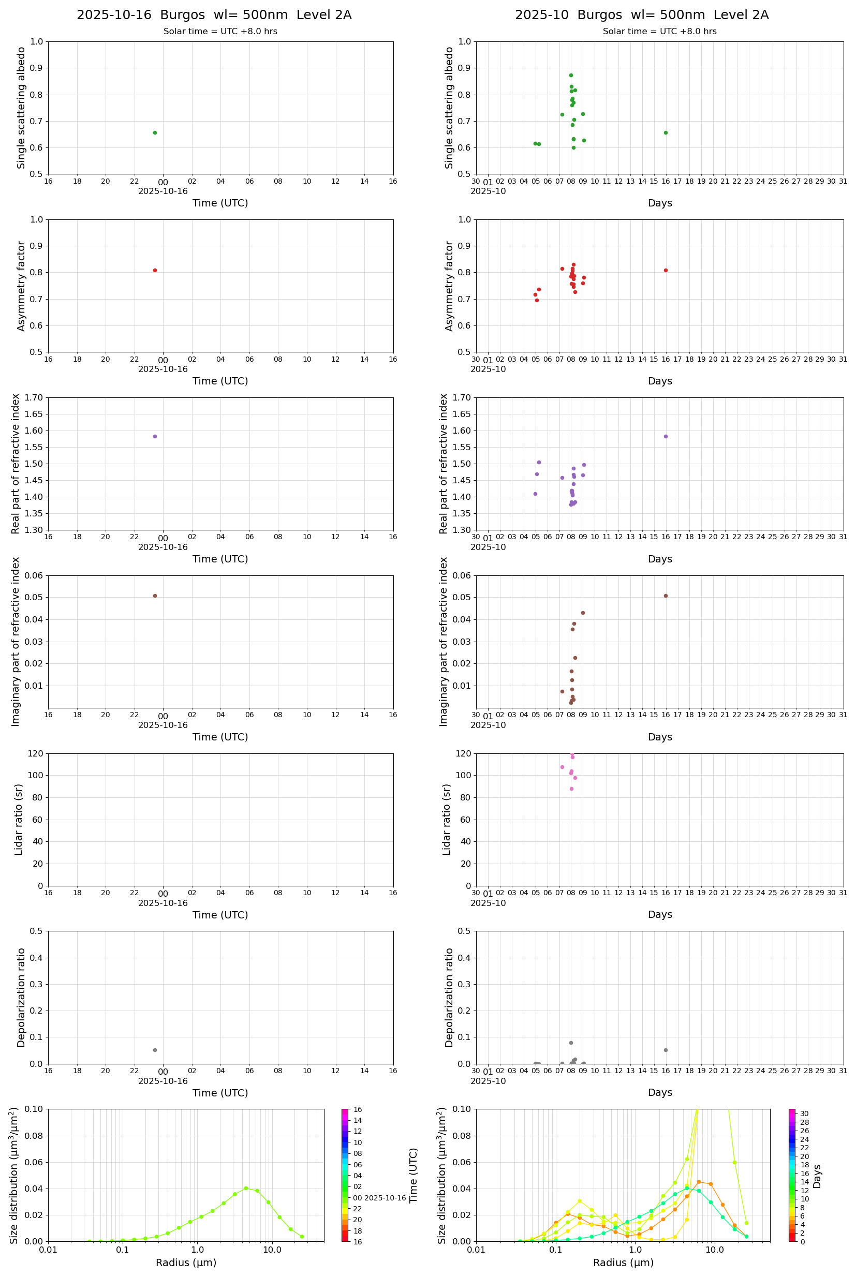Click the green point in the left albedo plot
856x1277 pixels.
pyautogui.click(x=155, y=132)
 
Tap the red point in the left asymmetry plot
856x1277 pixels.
pyautogui.click(x=155, y=270)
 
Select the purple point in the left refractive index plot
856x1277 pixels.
pyautogui.click(x=155, y=437)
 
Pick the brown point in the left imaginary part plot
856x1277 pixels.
pyautogui.click(x=155, y=596)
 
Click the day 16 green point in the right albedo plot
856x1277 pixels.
pyautogui.click(x=666, y=132)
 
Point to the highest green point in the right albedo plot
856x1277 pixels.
pyautogui.click(x=571, y=76)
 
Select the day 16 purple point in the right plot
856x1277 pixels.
pyautogui.click(x=666, y=437)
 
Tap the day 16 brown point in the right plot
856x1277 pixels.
pyautogui.click(x=666, y=596)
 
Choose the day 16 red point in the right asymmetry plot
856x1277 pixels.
pyautogui.click(x=666, y=270)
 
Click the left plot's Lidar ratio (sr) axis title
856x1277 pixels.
pyautogui.click(x=19, y=820)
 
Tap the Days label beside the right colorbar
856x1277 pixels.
pyautogui.click(x=817, y=1177)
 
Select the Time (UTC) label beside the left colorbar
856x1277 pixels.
pyautogui.click(x=414, y=1176)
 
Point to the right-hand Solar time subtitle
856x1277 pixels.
pyautogui.click(x=659, y=32)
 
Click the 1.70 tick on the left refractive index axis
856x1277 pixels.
pyautogui.click(x=33, y=397)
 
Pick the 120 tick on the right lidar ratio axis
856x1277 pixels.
pyautogui.click(x=464, y=754)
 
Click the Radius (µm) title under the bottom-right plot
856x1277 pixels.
pyautogui.click(x=623, y=1263)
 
